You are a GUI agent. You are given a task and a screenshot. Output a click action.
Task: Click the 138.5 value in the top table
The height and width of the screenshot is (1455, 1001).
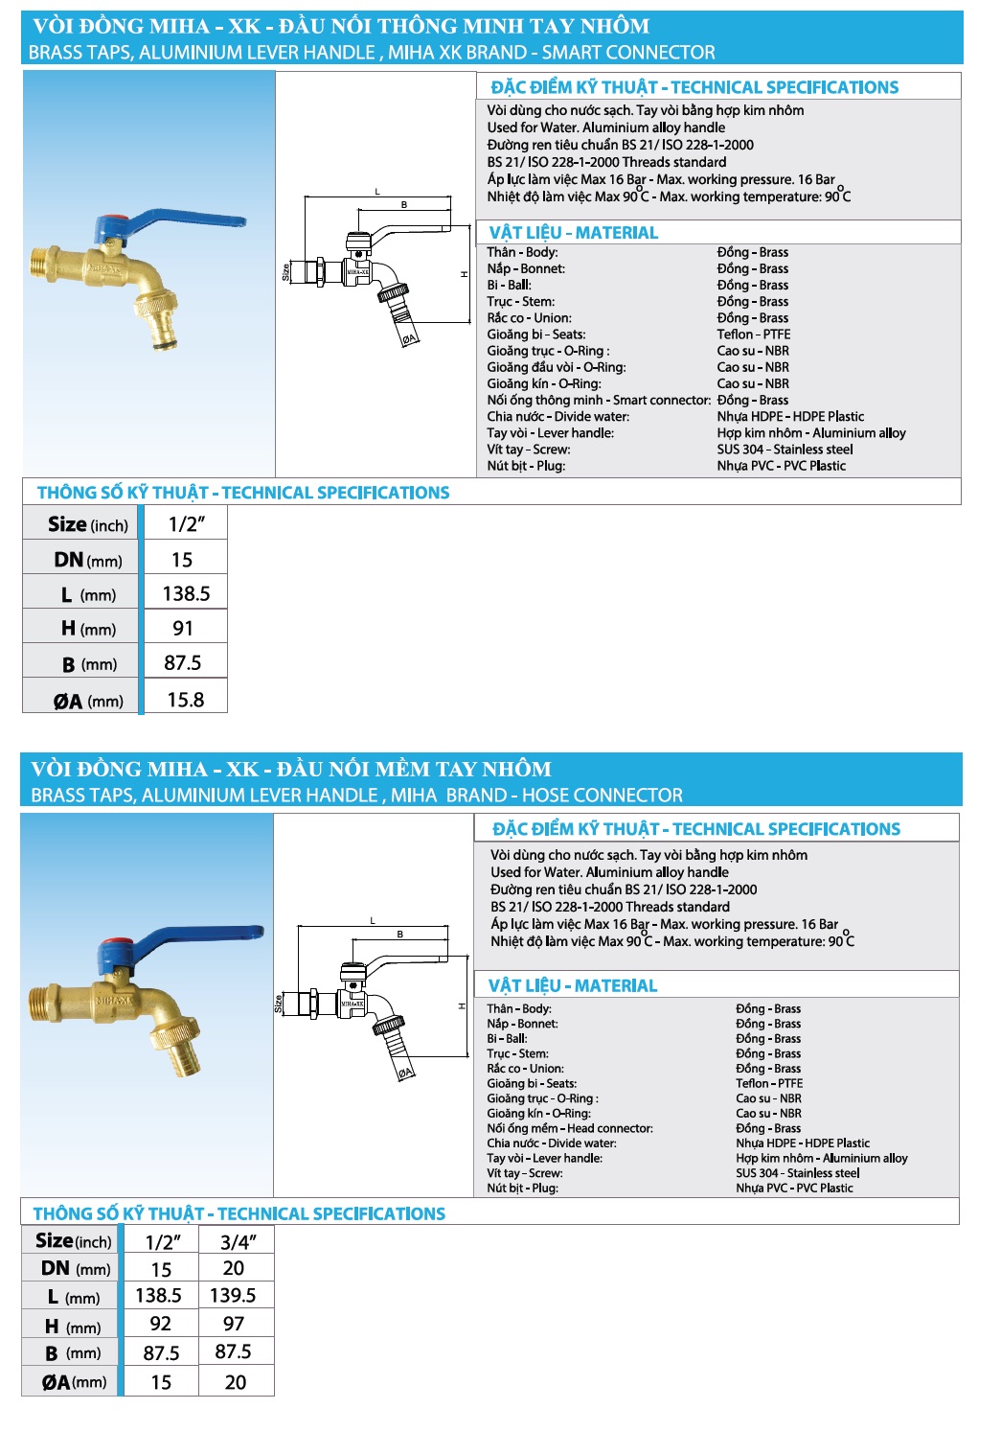(186, 593)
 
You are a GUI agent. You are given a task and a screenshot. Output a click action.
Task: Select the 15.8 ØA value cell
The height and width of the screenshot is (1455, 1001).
(186, 700)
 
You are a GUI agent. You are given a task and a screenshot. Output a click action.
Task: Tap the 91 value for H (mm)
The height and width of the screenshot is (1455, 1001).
(183, 629)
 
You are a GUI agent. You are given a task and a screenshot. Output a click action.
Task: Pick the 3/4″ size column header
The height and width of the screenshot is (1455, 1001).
(238, 1242)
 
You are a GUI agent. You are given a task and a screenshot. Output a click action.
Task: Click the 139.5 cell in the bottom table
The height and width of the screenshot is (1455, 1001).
(233, 1295)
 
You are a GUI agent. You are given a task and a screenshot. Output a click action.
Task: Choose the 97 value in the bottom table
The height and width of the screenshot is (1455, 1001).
(234, 1324)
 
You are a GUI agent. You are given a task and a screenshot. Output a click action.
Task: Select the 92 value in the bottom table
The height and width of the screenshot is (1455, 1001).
(161, 1324)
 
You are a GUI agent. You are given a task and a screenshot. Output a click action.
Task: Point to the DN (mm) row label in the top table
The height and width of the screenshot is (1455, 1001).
(87, 560)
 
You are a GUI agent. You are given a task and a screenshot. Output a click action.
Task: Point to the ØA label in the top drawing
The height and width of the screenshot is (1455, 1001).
(409, 338)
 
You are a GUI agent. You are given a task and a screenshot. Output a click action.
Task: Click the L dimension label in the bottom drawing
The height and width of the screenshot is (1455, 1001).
(373, 921)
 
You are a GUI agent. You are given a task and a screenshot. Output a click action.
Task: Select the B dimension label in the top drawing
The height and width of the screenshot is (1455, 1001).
(403, 205)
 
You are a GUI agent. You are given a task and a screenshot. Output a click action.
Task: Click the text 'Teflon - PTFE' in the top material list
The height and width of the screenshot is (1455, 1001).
(753, 335)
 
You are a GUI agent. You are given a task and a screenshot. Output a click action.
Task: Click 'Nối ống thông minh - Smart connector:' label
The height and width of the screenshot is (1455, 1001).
(598, 400)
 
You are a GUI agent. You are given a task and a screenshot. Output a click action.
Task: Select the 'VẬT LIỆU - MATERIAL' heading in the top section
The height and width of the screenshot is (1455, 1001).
(573, 233)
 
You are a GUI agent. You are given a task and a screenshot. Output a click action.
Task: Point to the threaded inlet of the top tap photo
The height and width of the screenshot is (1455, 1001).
(43, 263)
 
